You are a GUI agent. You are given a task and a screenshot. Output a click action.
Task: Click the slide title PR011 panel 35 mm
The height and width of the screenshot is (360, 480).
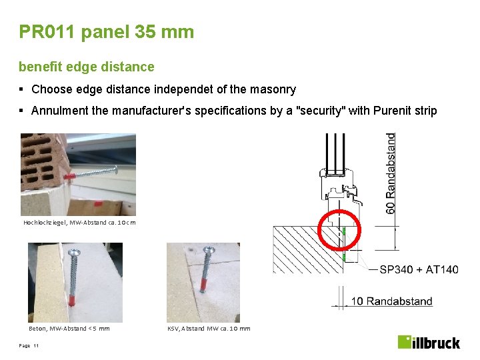pos(107,31)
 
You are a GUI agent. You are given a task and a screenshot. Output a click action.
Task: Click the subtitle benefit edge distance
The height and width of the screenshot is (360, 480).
pos(86,67)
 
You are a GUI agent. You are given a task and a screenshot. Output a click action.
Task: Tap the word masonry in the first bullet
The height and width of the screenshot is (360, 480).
pos(275,89)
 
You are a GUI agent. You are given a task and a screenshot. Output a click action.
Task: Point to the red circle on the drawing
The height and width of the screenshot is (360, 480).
pos(339,231)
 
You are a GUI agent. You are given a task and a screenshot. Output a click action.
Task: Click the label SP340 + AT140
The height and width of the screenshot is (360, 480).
pos(419,269)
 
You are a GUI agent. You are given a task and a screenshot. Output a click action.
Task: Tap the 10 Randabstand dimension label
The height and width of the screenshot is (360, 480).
pos(391,301)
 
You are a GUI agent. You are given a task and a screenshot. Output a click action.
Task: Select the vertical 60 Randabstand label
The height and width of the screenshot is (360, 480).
pos(391,173)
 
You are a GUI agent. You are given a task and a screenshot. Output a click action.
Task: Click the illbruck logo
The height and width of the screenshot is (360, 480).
pos(429,342)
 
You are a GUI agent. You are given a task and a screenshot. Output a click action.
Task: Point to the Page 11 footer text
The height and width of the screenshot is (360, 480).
pos(29,345)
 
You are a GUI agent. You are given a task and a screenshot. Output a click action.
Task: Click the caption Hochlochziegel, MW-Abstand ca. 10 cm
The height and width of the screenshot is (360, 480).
pos(79,222)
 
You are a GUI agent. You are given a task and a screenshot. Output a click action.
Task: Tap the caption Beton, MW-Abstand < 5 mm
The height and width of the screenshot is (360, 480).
pos(69,328)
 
